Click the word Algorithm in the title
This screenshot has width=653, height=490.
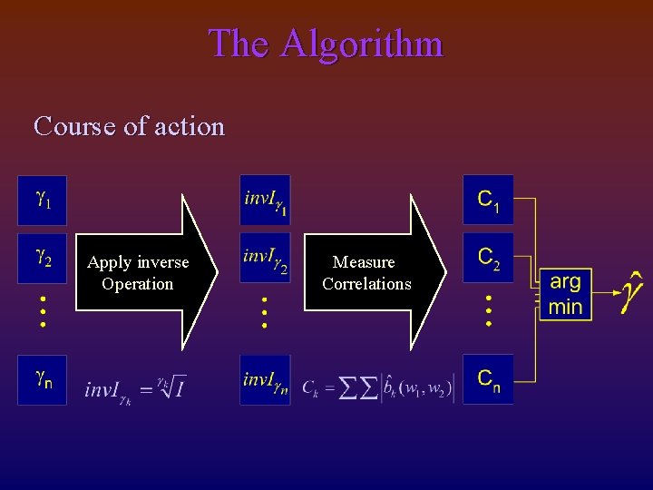point(362,44)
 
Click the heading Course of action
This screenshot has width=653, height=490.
point(129,125)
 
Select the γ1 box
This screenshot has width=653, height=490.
point(43,200)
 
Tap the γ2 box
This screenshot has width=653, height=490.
point(43,259)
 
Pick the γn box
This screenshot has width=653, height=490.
point(43,379)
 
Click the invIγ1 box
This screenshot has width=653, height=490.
point(265,200)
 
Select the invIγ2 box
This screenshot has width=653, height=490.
point(265,259)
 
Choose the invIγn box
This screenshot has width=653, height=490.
point(265,379)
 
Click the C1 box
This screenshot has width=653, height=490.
point(488,200)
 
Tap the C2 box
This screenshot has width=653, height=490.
point(488,259)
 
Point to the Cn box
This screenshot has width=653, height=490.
point(488,379)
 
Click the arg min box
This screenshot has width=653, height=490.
point(565,294)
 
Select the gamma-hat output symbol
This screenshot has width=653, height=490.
point(632,292)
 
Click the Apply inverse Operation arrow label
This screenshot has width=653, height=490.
point(138,273)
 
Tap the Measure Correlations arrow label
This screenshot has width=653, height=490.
point(365,273)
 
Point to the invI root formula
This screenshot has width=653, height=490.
point(134,388)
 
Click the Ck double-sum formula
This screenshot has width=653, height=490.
point(377,388)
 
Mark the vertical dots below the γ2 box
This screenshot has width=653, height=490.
point(43,311)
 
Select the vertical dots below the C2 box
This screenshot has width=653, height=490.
point(488,311)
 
